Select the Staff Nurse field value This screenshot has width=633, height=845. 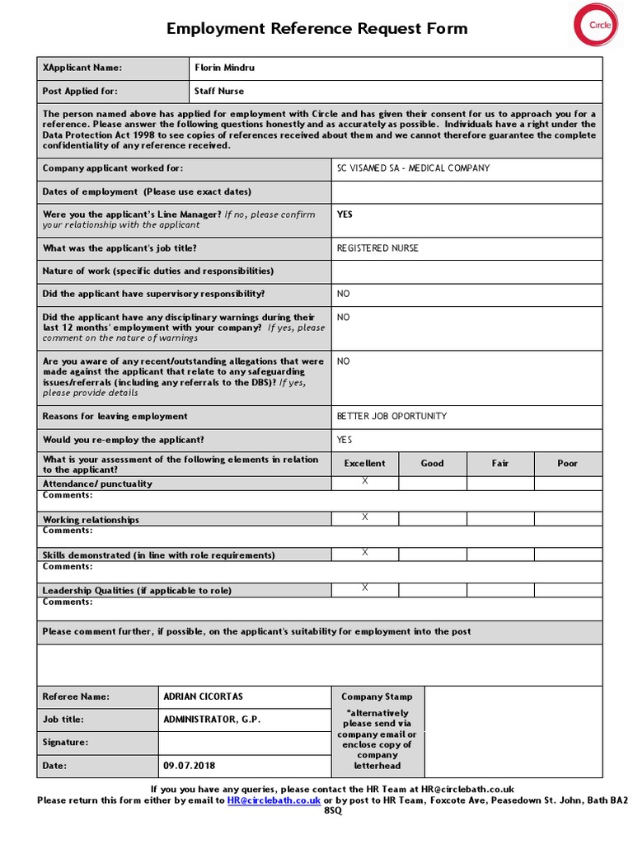tap(219, 91)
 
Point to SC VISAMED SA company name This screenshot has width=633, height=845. tap(413, 168)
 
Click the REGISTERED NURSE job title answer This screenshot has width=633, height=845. tap(377, 248)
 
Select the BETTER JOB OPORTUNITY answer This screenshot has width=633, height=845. tap(392, 416)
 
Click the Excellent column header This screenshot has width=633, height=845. tap(365, 464)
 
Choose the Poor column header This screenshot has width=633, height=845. tap(567, 464)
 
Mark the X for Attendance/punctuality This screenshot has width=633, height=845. tap(365, 482)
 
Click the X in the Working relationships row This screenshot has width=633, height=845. tap(365, 517)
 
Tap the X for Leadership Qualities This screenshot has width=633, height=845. tap(365, 588)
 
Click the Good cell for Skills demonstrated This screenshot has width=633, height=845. tap(432, 554)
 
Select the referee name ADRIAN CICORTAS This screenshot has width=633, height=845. tap(203, 696)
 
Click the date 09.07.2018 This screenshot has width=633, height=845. tap(189, 766)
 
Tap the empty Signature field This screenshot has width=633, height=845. tap(244, 743)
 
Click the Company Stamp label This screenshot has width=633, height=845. tap(377, 696)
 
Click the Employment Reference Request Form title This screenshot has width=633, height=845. tap(316, 29)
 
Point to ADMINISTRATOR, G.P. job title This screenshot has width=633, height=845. tap(212, 720)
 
